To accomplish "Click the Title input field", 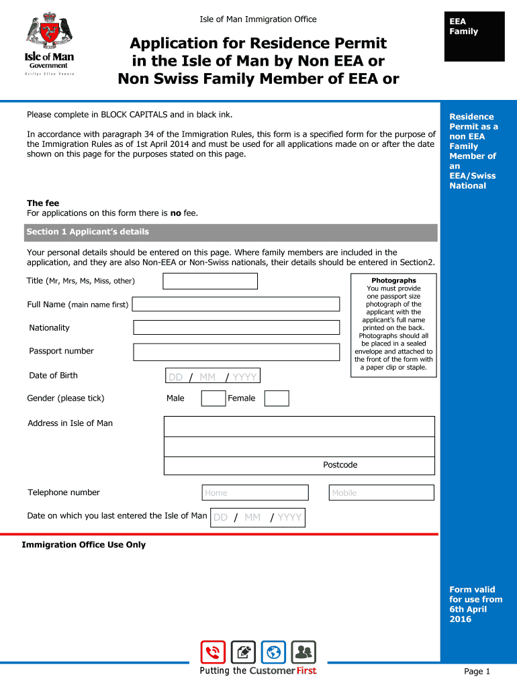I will coord(210,281).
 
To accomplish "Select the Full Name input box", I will coord(236,305).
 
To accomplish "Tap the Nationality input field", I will coord(236,327).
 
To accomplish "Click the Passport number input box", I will coord(236,352).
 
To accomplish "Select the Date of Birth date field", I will coord(212,376).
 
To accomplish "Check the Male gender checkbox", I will coord(214,399).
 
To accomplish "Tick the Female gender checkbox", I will coord(277,399).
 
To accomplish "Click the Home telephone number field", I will coord(255,492).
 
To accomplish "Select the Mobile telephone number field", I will coord(381,492).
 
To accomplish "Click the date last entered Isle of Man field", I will coord(257,517).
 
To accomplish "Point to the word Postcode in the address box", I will coord(340,465).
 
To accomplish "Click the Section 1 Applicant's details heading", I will coord(88,232).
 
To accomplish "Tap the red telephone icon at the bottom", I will coord(213,652).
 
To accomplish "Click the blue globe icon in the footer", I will coord(273,652).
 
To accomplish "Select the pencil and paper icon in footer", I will coord(243,652).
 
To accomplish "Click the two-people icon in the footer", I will coord(303,652).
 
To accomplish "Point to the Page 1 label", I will coord(477,672).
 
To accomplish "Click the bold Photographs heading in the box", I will coord(393,280).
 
